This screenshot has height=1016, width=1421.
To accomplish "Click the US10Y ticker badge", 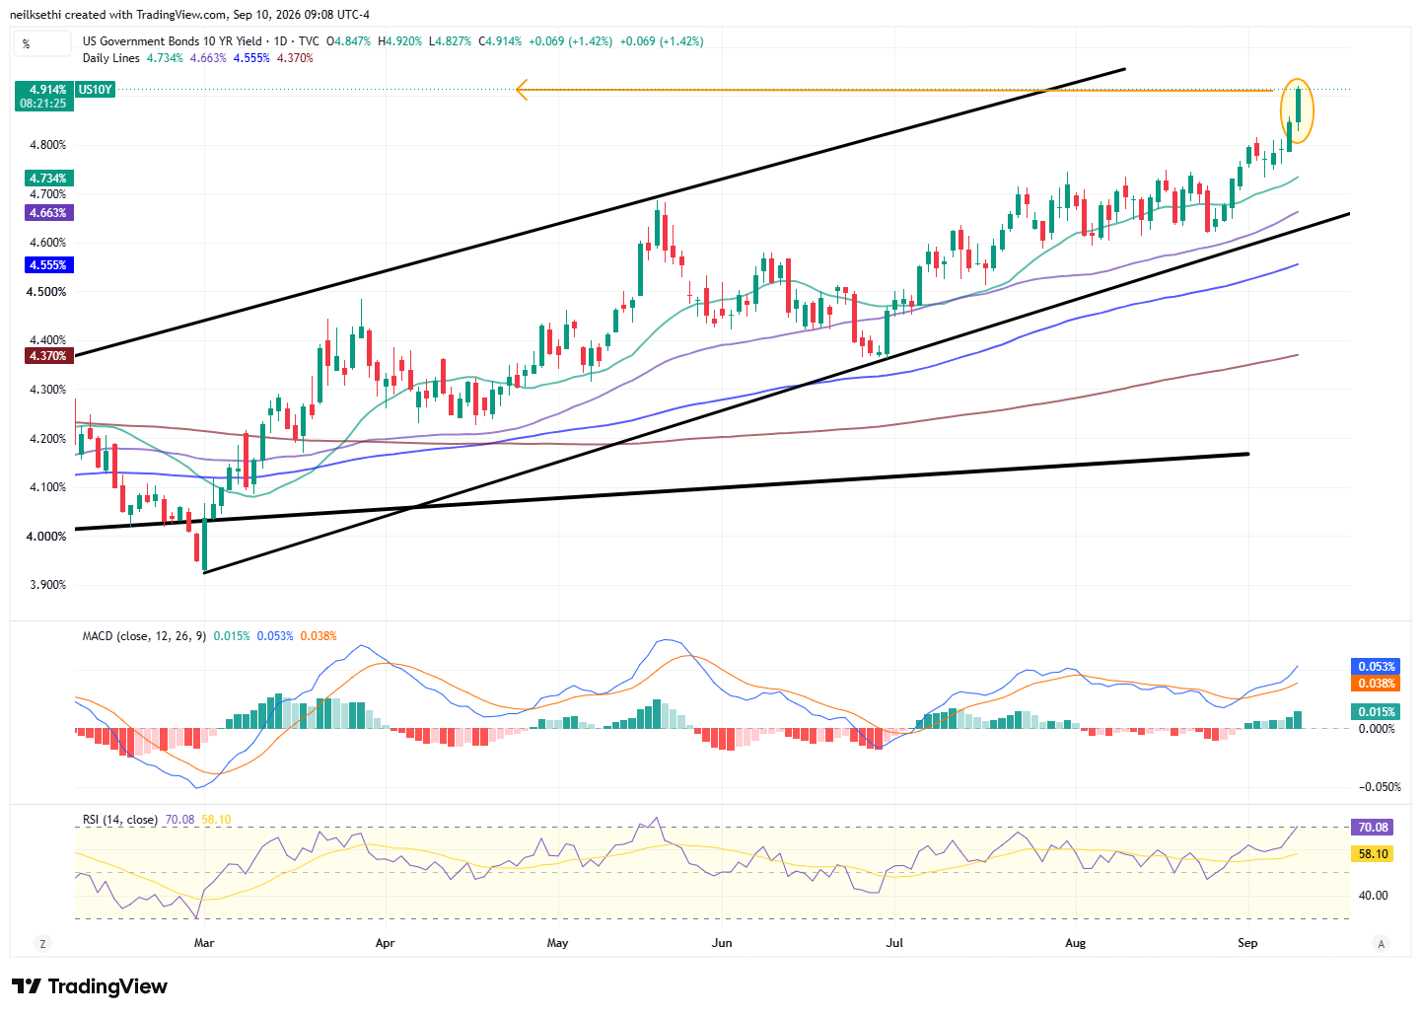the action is pos(95,90).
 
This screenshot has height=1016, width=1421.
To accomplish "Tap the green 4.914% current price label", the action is pos(44,97).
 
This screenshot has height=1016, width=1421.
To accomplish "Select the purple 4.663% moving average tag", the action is pos(49,213).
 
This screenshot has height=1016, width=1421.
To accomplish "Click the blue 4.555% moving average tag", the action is pos(49,265).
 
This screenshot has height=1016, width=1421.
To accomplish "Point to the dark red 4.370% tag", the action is pos(49,356).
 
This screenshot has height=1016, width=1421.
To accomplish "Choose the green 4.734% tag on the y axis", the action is pos(49,179).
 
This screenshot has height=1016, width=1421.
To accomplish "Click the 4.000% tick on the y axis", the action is pos(46,537).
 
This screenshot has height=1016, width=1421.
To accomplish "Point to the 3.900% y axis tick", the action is pos(47,585).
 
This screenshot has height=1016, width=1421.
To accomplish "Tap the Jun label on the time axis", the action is pos(722,944).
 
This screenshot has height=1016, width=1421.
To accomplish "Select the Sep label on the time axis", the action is pos(1247,944).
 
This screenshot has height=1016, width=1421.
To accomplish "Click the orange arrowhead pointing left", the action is pos(523,90).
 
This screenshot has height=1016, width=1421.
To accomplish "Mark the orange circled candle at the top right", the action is pos(1298,111).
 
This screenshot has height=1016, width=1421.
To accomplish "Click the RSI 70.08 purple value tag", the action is pos(1373,828).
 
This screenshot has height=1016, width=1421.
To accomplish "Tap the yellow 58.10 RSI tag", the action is pos(1373,854).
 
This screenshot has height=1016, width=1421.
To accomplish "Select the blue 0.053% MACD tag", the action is pos(1376,667).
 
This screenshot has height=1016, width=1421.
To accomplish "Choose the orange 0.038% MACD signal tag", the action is pos(1376,684).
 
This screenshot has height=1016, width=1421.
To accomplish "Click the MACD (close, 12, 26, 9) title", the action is pos(144,636).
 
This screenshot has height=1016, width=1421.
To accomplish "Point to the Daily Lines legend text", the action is pos(111,58).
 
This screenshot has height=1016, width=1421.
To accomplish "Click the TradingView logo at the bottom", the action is pos(90,986).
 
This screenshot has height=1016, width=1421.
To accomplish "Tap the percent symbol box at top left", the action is pos(41,43).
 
